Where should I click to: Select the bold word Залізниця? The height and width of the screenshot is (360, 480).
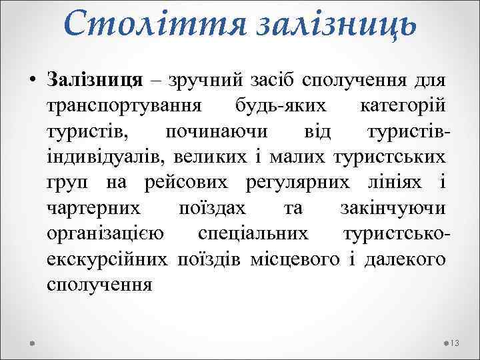tap(95, 81)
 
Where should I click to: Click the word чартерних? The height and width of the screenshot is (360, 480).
tap(94, 208)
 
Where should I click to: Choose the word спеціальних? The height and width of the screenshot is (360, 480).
tap(253, 233)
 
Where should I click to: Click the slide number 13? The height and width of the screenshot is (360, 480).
tap(456, 343)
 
